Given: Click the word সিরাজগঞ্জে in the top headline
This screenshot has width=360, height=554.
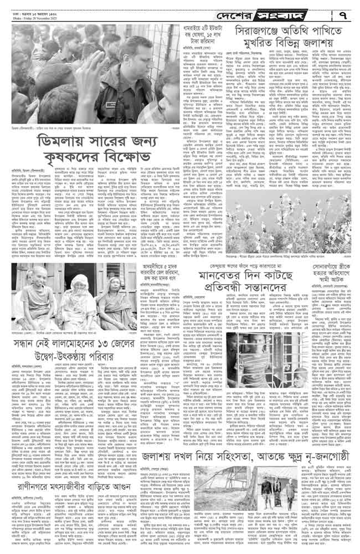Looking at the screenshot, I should (259, 33).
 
